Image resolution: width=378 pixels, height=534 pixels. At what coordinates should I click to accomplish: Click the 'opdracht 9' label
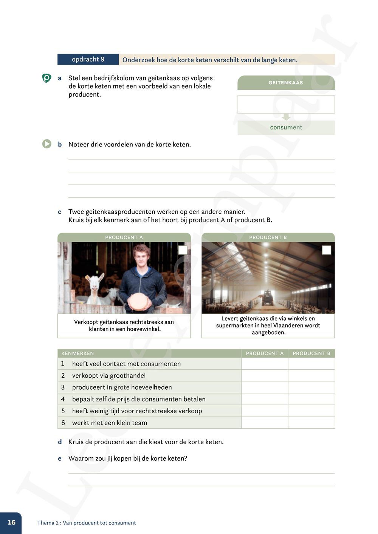pyautogui.click(x=88, y=59)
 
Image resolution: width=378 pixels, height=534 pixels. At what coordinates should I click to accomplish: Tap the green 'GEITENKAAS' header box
pyautogui.click(x=286, y=83)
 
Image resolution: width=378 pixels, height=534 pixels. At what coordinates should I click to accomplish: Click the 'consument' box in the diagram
pyautogui.click(x=286, y=128)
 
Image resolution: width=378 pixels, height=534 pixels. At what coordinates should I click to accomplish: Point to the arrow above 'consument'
pyautogui.click(x=286, y=117)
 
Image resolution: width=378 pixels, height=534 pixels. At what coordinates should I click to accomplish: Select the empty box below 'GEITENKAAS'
pyautogui.click(x=286, y=104)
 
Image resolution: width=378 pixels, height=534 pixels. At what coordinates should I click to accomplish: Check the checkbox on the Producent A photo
pyautogui.click(x=183, y=250)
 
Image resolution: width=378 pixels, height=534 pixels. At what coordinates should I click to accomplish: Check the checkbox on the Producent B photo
pyautogui.click(x=327, y=250)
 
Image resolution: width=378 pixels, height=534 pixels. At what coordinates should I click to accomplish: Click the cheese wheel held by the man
pyautogui.click(x=138, y=301)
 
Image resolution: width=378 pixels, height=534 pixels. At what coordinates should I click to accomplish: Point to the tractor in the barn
pyautogui.click(x=268, y=298)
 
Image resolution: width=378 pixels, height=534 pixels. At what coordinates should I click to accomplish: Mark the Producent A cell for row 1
pyautogui.click(x=265, y=364)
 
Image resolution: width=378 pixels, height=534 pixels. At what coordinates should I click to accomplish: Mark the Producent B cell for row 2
pyautogui.click(x=311, y=375)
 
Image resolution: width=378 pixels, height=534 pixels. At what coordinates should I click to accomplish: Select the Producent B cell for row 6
pyautogui.click(x=311, y=423)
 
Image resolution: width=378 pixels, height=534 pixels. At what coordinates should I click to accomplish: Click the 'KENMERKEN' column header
pyautogui.click(x=77, y=353)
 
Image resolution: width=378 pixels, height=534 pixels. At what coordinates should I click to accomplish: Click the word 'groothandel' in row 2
pyautogui.click(x=127, y=375)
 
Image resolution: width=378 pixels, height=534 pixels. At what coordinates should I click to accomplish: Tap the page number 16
pyautogui.click(x=11, y=522)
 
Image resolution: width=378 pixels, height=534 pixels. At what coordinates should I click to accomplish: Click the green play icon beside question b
pyautogui.click(x=46, y=144)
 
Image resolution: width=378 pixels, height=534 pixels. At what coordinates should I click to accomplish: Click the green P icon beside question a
pyautogui.click(x=46, y=78)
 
